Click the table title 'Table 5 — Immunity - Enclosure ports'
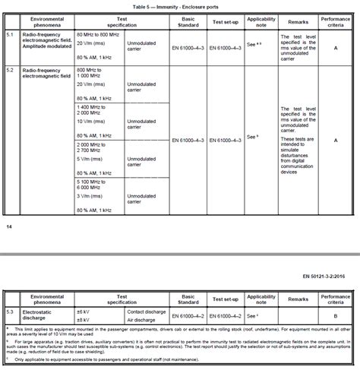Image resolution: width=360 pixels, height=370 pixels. point(178,6)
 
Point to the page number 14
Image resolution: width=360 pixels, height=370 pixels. point(8,226)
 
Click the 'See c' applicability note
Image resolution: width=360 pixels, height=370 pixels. point(261,315)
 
